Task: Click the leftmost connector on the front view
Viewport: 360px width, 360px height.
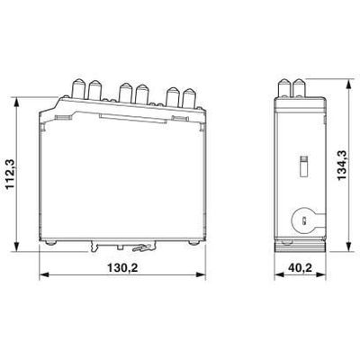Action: point(76,86)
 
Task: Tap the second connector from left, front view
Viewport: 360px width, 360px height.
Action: point(94,89)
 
